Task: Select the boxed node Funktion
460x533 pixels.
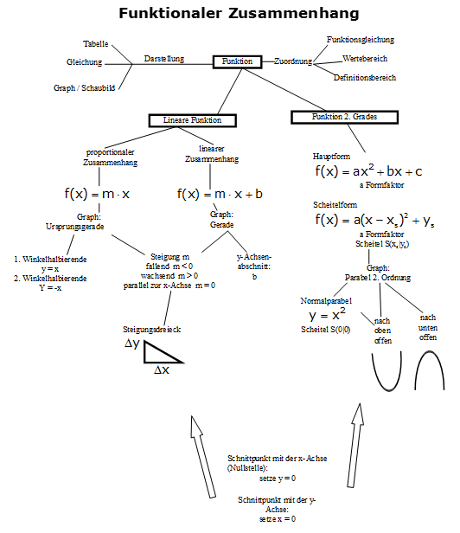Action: coord(237,61)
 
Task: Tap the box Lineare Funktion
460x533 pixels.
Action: coord(192,120)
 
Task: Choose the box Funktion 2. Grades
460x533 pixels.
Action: coord(345,116)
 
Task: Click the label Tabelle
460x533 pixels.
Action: coord(96,43)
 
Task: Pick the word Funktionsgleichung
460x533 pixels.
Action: coord(360,40)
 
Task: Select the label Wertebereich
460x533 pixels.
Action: coord(365,59)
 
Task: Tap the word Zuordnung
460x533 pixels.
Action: coord(292,61)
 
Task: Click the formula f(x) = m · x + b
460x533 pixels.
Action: coord(220,195)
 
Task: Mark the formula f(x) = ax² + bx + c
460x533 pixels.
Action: coord(368,171)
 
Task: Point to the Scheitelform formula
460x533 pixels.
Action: coord(373,222)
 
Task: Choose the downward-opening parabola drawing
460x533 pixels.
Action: coord(430,370)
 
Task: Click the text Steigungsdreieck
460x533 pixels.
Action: coord(151,330)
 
